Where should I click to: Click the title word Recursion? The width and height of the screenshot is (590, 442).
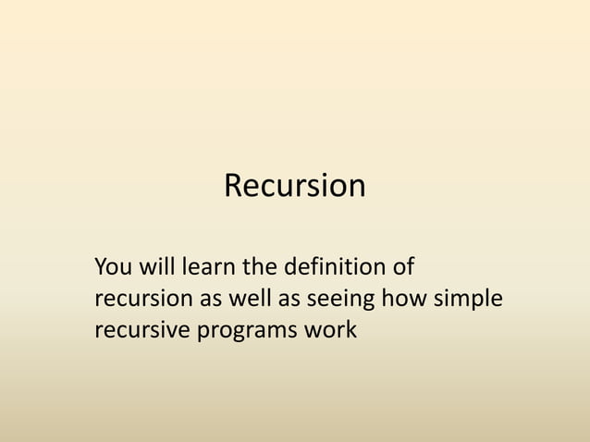coord(295,187)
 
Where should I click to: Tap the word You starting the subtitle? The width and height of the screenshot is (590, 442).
coord(115,269)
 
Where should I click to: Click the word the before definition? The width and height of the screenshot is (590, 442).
coord(260,269)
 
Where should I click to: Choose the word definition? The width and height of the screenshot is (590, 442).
coord(335,269)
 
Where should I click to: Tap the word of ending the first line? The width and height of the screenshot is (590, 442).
coord(402,269)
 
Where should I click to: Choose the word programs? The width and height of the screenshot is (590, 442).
coord(245,330)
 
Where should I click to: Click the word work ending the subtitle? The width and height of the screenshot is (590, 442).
coord(330,330)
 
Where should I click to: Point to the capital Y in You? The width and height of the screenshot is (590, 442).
coord(101,269)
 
